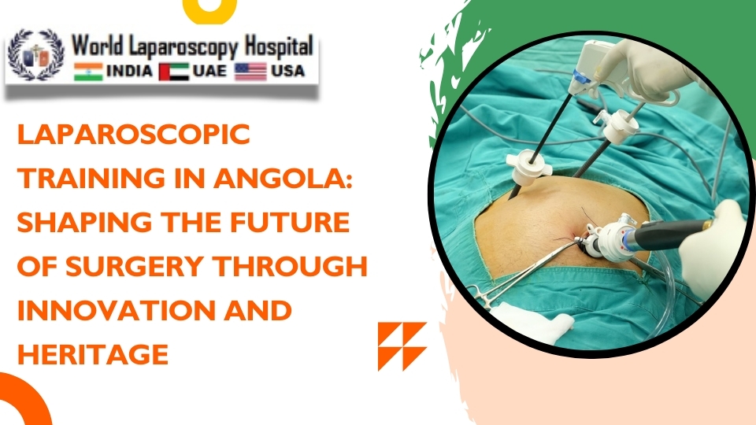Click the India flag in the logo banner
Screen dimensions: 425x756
tap(88, 72)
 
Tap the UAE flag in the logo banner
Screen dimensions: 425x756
tap(173, 72)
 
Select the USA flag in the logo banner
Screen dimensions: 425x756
tap(251, 72)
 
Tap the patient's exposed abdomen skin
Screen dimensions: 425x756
tap(543, 213)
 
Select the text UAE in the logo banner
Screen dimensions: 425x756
tap(209, 72)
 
